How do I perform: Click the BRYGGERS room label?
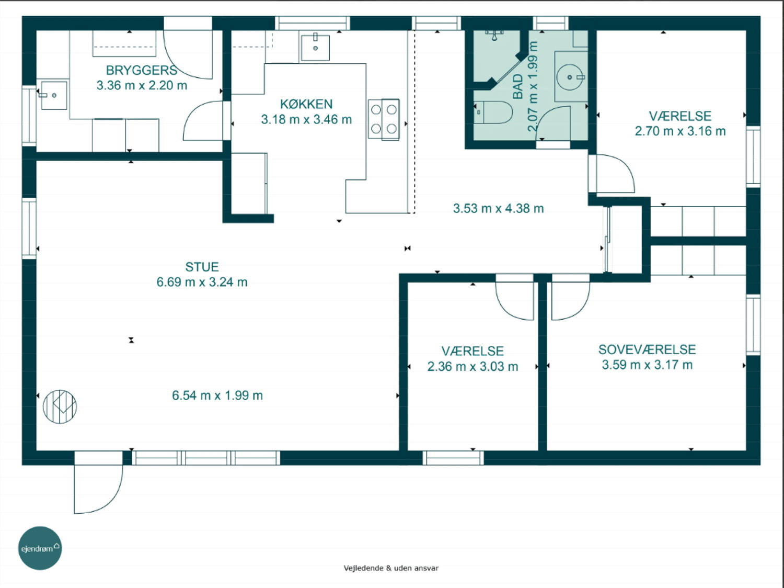142,71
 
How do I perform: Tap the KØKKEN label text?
306,104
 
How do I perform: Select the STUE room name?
202,267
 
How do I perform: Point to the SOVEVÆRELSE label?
647,349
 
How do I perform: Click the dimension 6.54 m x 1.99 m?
217,395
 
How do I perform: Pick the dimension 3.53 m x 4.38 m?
498,208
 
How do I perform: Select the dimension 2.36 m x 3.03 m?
472,367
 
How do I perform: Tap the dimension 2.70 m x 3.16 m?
680,131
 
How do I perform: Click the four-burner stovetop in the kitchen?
384,119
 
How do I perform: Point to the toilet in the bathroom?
493,112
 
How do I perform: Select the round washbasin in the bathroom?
570,77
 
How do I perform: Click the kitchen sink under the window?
315,47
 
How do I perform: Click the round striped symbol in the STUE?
60,407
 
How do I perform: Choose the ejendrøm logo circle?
40,548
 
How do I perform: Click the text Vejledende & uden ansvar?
391,568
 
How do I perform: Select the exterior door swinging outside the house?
98,489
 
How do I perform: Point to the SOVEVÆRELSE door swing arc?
570,301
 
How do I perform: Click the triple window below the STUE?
206,458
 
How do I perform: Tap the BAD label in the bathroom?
517,86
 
